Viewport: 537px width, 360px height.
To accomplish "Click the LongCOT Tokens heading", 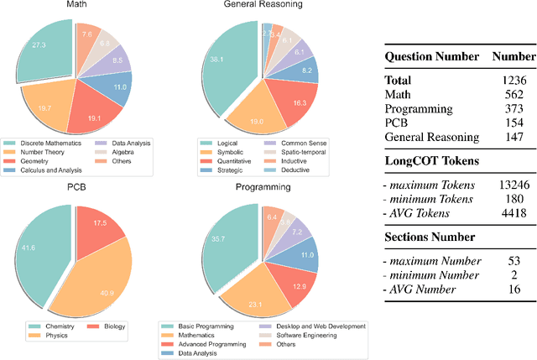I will (431, 160).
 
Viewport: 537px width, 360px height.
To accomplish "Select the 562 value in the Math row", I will (514, 94).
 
